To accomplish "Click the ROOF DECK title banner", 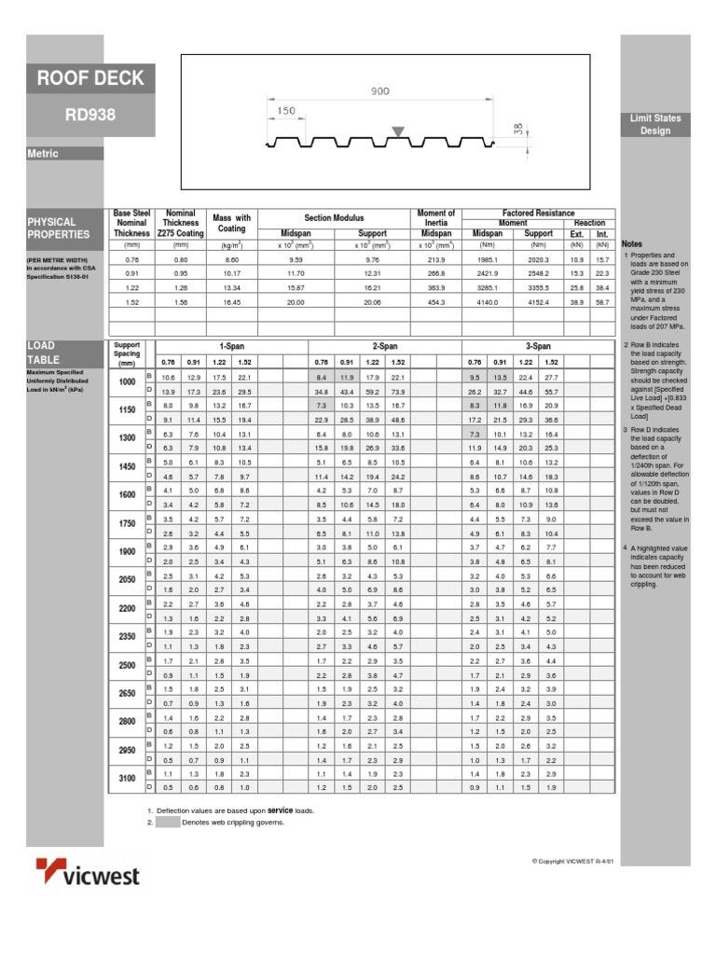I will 90,78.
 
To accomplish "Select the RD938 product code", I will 90,116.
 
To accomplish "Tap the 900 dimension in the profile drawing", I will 379,91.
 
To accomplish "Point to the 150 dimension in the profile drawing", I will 286,111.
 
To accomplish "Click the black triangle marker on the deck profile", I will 398,132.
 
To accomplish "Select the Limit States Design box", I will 654,125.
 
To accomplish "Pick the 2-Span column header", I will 385,346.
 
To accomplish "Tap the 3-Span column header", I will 539,346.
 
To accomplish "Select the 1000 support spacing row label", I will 127,381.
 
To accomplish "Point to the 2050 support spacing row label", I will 127,581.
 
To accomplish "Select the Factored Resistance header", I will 538,214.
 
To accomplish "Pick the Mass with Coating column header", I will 232,223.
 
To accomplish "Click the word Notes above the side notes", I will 632,243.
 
